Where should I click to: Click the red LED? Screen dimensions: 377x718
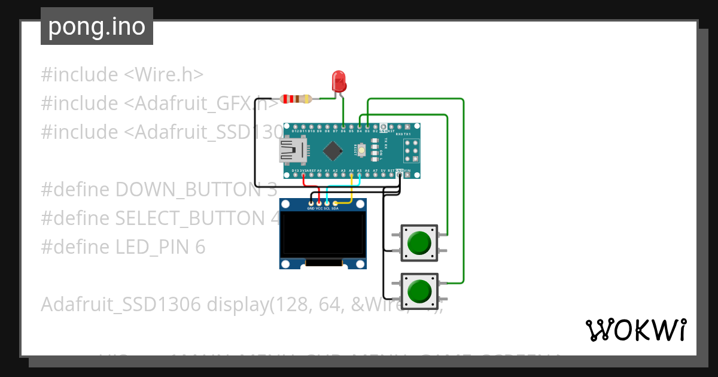click(339, 81)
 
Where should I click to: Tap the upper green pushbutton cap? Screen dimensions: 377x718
click(419, 243)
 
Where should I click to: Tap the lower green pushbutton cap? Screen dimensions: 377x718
click(419, 291)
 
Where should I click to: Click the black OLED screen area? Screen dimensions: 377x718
click(323, 235)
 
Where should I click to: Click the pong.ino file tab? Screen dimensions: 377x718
click(97, 26)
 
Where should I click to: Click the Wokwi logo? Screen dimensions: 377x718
click(635, 330)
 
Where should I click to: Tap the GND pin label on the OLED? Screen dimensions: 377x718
click(311, 209)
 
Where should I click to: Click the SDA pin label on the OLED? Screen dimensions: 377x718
click(335, 209)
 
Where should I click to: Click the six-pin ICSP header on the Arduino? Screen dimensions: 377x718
click(410, 151)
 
